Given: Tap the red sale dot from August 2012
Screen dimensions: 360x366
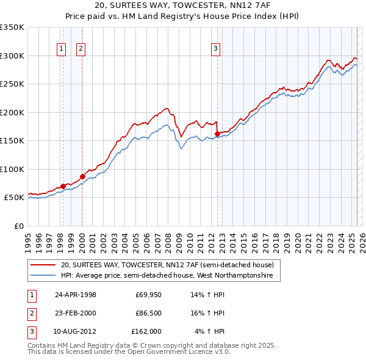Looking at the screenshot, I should pos(217,134).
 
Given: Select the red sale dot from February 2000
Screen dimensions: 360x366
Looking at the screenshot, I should pos(82,176).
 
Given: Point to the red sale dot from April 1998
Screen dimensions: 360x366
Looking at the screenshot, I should pos(63,186).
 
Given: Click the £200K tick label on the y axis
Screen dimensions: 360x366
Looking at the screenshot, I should pos(12,112).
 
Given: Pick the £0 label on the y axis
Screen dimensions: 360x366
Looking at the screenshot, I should pos(19,226).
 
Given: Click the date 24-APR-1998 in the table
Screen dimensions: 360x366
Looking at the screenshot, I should pos(76,295).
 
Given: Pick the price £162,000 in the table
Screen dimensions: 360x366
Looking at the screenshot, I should pos(146,331).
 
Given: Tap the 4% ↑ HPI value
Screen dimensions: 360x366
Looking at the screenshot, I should pos(210,331).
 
